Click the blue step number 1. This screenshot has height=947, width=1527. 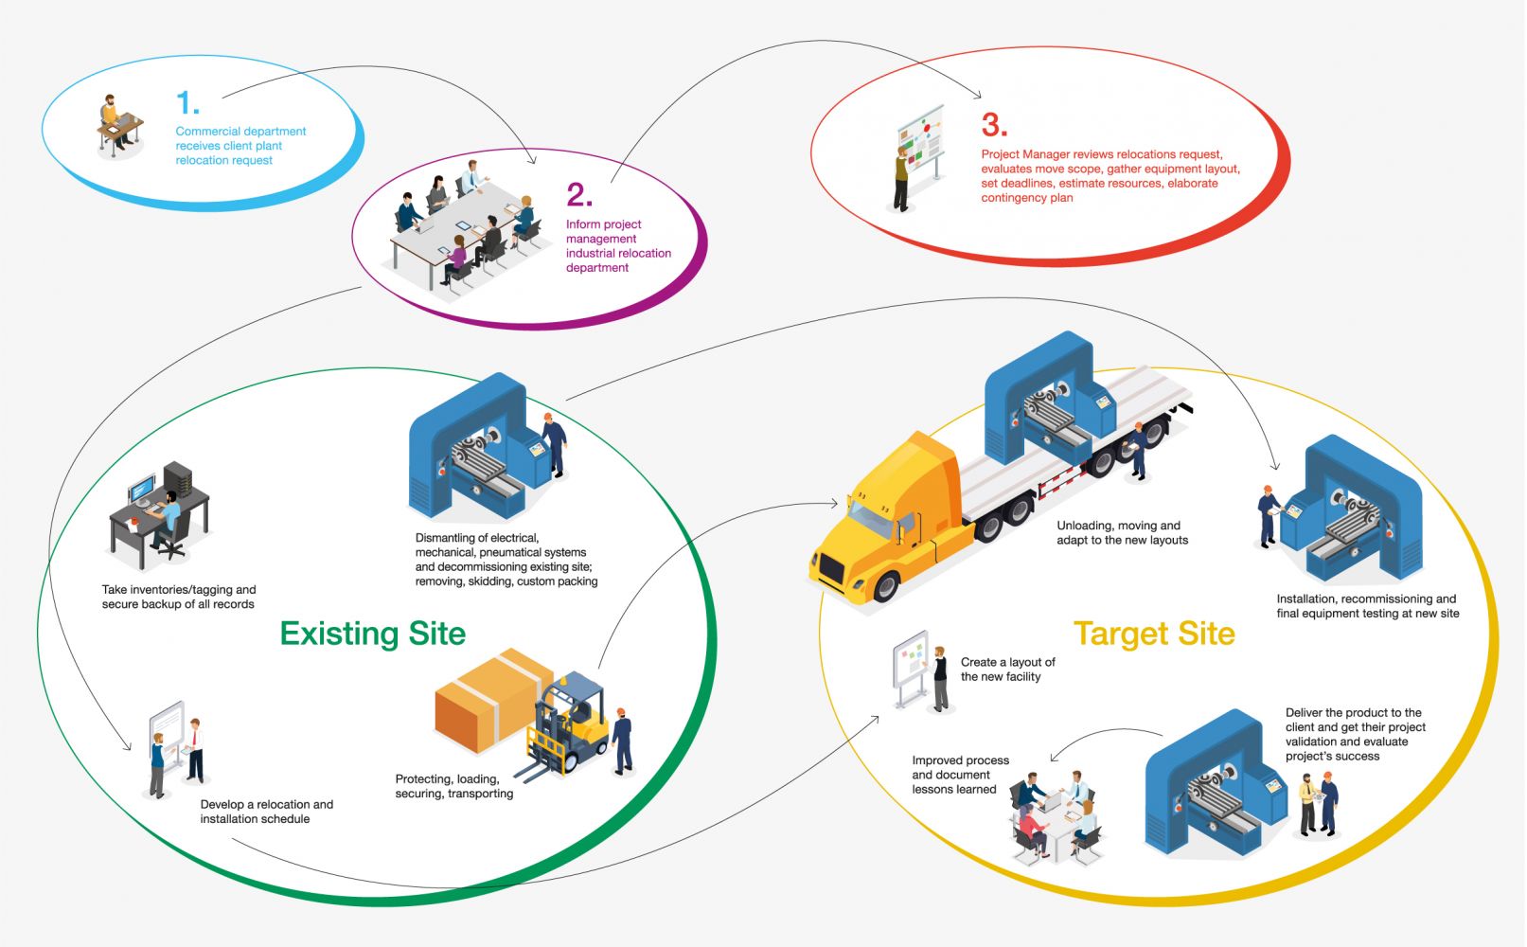(187, 102)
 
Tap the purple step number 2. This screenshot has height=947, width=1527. (578, 195)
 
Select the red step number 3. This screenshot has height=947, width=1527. (994, 125)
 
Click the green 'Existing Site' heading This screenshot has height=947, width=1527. (373, 634)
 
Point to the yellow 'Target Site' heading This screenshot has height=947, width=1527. (1154, 634)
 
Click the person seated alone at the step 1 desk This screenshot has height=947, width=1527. (112, 118)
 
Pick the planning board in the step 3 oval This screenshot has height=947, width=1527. (921, 142)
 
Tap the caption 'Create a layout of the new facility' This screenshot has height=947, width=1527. (1007, 670)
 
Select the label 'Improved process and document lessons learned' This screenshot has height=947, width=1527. (960, 775)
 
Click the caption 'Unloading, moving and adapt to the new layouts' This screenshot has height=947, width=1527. (1122, 533)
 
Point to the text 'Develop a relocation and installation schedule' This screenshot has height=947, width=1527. (266, 812)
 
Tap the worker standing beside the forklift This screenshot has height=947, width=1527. (621, 740)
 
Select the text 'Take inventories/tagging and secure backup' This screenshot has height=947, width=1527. (179, 597)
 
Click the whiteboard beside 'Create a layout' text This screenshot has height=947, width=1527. (911, 665)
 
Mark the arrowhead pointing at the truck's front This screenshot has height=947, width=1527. (836, 503)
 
